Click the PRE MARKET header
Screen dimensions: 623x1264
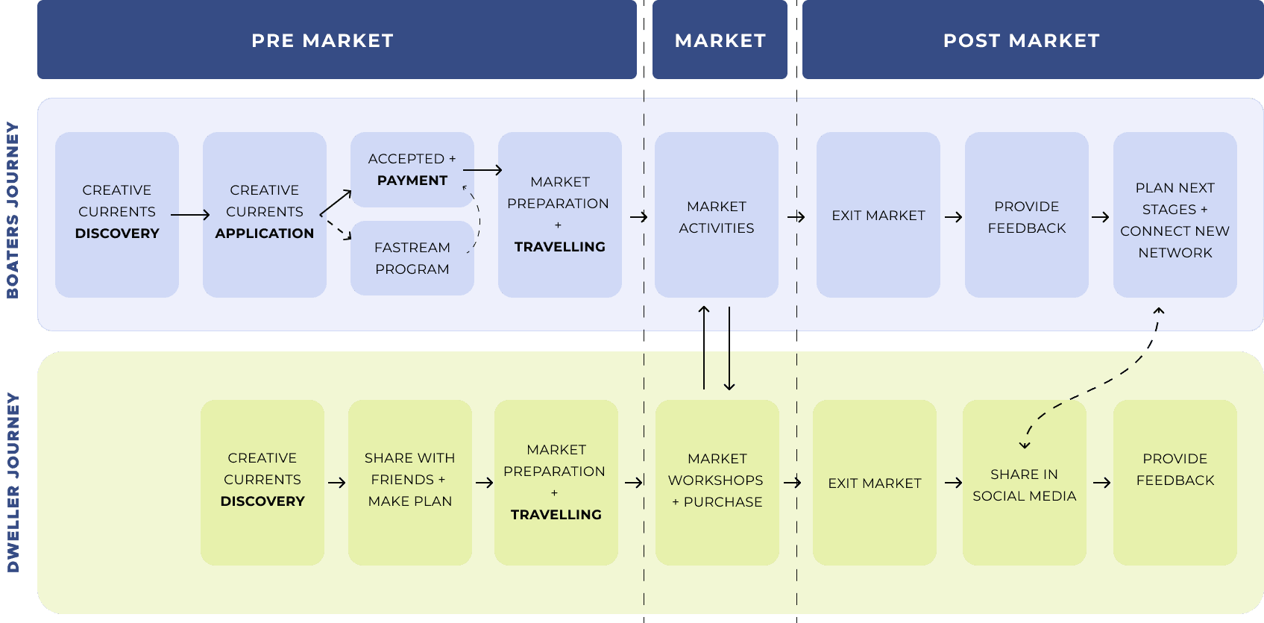tap(322, 40)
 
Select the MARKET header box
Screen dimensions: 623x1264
tap(720, 40)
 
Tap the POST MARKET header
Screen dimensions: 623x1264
tap(1021, 40)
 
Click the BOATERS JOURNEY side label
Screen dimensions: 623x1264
tap(13, 210)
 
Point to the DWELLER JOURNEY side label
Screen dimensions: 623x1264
tap(13, 483)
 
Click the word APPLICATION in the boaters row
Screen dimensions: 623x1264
tap(265, 234)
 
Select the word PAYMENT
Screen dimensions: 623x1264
tap(412, 181)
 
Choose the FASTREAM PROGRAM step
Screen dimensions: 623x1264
tap(412, 258)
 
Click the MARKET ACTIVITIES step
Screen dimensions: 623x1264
tap(717, 217)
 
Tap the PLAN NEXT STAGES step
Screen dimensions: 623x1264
tap(1175, 220)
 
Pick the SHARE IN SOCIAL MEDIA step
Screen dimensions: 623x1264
tap(1025, 485)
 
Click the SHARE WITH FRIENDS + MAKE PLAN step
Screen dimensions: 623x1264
tap(410, 480)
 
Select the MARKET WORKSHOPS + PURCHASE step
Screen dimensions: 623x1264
tap(716, 480)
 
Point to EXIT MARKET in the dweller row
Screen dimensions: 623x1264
tap(875, 483)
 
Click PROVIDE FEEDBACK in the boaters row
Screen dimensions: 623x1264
tap(1027, 217)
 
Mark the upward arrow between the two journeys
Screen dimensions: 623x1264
tap(704, 347)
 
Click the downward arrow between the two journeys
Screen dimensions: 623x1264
tap(729, 348)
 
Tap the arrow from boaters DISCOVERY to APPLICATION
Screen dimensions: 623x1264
tap(190, 215)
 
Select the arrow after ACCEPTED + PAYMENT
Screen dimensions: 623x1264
tap(482, 170)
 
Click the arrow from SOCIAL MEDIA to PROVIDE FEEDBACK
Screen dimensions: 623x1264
tap(1102, 483)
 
